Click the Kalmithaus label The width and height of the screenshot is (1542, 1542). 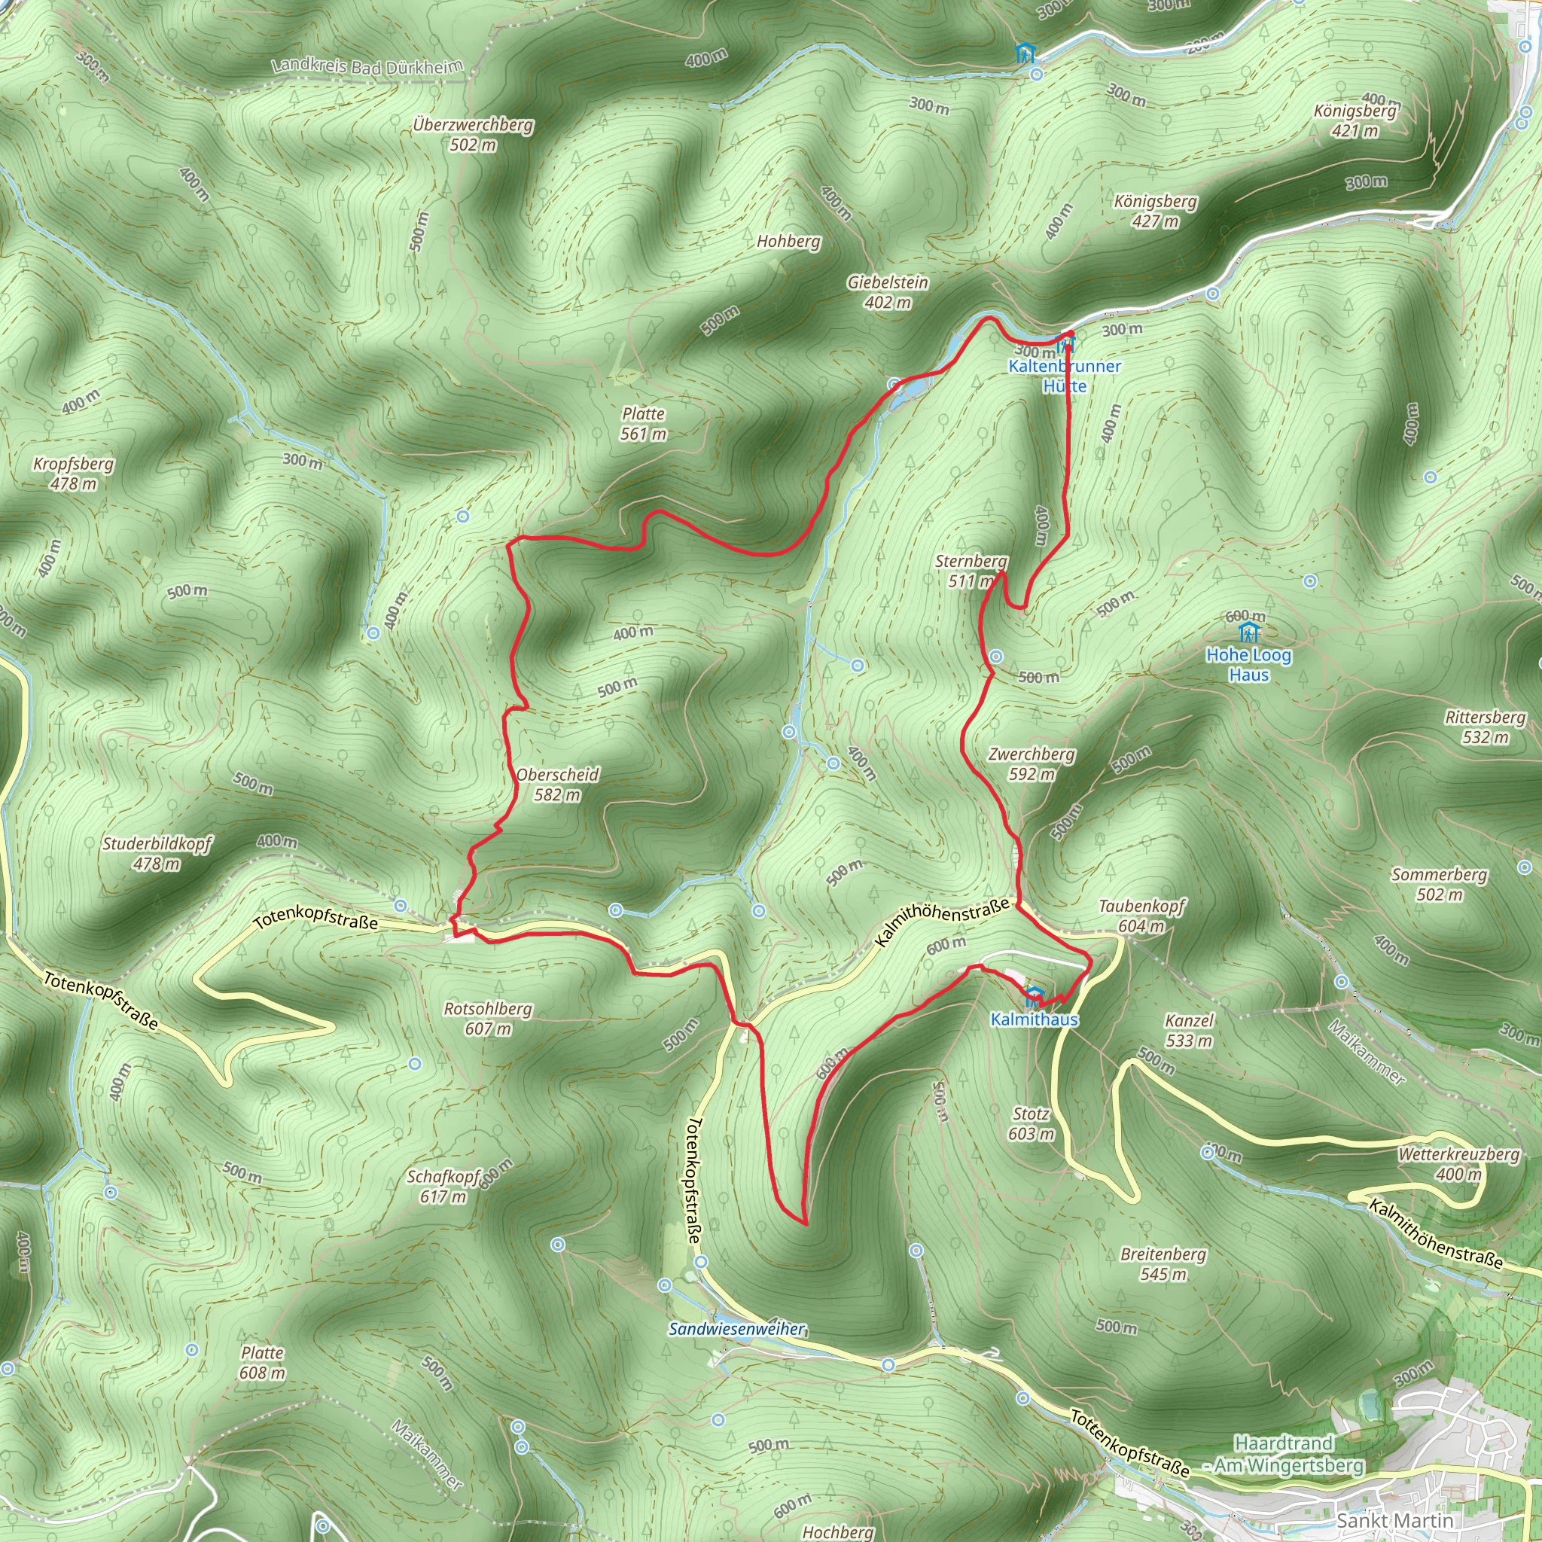pyautogui.click(x=1035, y=1019)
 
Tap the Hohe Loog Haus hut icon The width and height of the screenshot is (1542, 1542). pyautogui.click(x=1249, y=633)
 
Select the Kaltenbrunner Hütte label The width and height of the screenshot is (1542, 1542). pyautogui.click(x=1065, y=376)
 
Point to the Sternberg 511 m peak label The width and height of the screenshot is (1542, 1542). pyautogui.click(x=971, y=571)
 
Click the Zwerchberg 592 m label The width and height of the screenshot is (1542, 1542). pyautogui.click(x=1032, y=763)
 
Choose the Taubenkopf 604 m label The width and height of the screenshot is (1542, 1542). pyautogui.click(x=1141, y=916)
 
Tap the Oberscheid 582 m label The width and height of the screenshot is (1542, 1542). pyautogui.click(x=557, y=785)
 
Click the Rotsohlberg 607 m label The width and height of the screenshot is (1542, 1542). pyautogui.click(x=488, y=1019)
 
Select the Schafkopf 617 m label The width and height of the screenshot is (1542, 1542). pyautogui.click(x=444, y=1187)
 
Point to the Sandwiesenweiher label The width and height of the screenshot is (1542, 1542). pyautogui.click(x=736, y=1329)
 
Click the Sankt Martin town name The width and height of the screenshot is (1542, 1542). pyautogui.click(x=1394, y=1520)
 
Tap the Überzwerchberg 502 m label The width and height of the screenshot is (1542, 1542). pyautogui.click(x=474, y=135)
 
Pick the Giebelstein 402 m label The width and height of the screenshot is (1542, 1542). pyautogui.click(x=888, y=292)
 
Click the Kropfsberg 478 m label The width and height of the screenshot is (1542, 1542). pyautogui.click(x=74, y=474)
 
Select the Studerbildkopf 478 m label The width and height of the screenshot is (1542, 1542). pyautogui.click(x=157, y=854)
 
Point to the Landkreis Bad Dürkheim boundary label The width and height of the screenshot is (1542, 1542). pyautogui.click(x=367, y=67)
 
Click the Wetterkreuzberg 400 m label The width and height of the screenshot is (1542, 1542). pyautogui.click(x=1458, y=1165)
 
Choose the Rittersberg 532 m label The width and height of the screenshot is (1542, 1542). pyautogui.click(x=1486, y=727)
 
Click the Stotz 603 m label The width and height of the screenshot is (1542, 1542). pyautogui.click(x=1031, y=1124)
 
